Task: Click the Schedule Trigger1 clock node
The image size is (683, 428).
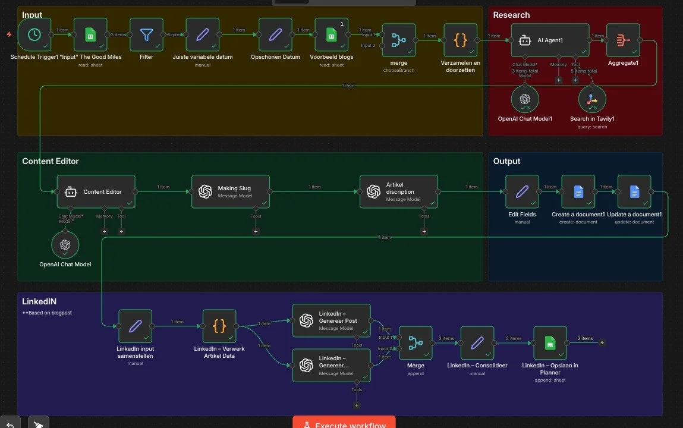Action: point(34,34)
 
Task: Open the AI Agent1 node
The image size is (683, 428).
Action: point(550,40)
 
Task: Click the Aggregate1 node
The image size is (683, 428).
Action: point(623,40)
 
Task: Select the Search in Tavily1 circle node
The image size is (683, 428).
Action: point(592,100)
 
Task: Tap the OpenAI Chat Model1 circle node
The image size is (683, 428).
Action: point(525,100)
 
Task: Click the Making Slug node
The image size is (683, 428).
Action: point(230,191)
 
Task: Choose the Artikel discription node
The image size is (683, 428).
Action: point(399,191)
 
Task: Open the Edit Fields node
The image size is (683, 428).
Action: point(522,191)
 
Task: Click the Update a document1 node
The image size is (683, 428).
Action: point(634,191)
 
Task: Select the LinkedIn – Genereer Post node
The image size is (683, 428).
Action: point(332,320)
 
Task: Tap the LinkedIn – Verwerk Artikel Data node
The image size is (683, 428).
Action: point(219,326)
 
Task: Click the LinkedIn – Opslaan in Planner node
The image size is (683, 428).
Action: point(550,343)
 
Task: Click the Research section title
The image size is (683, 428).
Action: point(511,15)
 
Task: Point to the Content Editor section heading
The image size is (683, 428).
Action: point(51,161)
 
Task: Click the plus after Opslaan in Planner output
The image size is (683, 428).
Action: point(602,342)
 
